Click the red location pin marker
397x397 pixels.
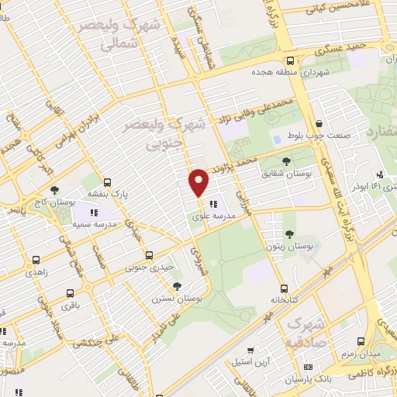click(199, 183)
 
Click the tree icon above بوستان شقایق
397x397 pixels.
click(287, 161)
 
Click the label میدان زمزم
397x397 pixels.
click(361, 353)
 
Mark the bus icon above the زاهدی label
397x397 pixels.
click(36, 261)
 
